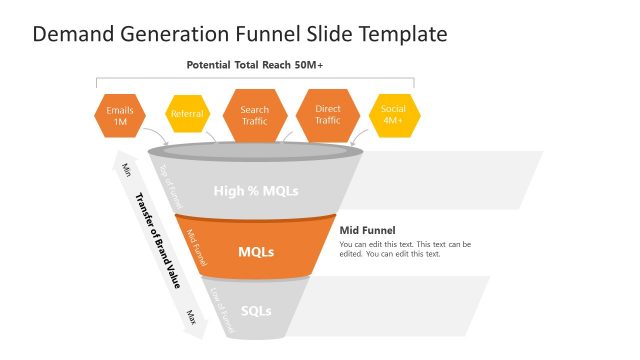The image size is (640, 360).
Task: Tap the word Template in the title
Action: [x=403, y=34]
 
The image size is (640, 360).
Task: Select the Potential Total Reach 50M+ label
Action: [x=255, y=65]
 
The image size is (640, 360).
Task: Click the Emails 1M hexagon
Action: [x=120, y=115]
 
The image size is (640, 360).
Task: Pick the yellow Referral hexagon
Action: [x=187, y=114]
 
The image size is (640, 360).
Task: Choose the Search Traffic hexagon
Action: [x=254, y=115]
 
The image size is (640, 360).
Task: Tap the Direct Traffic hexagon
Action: [x=327, y=115]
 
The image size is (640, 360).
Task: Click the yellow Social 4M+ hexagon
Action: [x=392, y=115]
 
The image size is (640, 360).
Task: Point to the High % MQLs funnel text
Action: [x=256, y=190]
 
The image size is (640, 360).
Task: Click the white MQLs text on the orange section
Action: [x=256, y=251]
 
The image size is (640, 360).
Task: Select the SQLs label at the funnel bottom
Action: [x=256, y=310]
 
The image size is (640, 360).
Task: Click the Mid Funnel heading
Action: [x=367, y=230]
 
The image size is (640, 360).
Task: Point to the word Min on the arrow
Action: [x=125, y=168]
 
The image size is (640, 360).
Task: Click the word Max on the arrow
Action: [x=189, y=316]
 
